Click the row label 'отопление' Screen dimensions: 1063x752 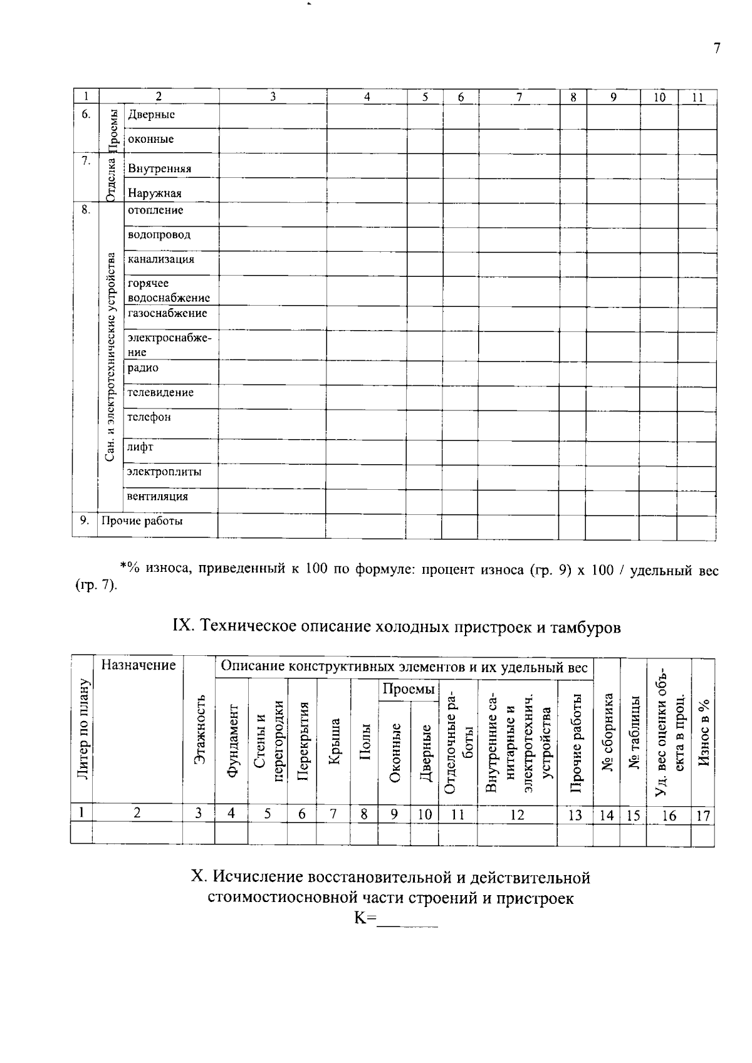(155, 210)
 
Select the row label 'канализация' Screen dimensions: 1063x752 (160, 259)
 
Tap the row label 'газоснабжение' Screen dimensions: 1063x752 (167, 313)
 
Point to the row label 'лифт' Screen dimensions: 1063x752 (140, 447)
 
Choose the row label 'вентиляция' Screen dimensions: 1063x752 (157, 497)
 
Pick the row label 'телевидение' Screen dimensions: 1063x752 (160, 393)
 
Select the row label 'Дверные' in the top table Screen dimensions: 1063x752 (151, 115)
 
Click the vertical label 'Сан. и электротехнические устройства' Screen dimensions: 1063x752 (110, 357)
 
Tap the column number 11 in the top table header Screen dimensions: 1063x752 (697, 97)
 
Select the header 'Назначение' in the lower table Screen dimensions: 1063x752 (138, 665)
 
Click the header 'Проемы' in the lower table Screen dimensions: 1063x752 (408, 690)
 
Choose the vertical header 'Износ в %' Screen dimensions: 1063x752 (703, 733)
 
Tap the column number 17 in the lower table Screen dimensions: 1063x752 (702, 816)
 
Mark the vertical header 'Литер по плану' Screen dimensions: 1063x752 (82, 730)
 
